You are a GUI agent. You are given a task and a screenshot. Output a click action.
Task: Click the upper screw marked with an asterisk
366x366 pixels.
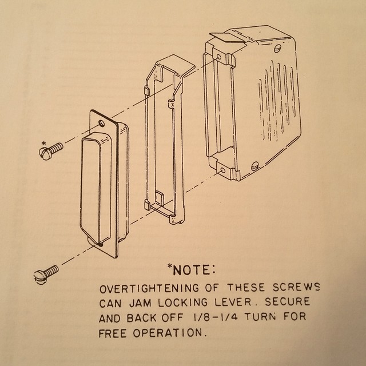[x=51, y=150]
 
